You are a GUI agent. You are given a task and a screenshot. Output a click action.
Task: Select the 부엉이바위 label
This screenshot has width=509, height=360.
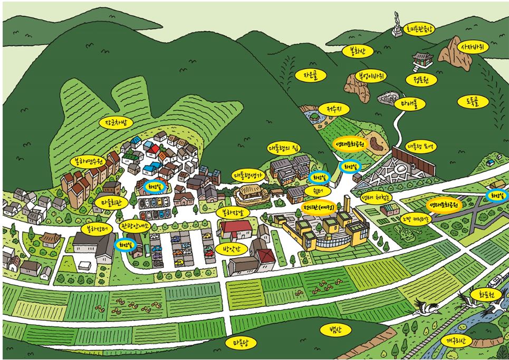[371, 76]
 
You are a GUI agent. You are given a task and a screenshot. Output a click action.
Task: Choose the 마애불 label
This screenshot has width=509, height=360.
[409, 104]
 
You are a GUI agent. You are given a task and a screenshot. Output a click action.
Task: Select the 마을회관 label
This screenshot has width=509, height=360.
[111, 201]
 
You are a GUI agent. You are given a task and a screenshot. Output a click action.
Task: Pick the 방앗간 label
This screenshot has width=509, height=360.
[231, 247]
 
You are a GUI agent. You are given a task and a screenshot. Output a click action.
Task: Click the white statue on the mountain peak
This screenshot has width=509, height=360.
[396, 24]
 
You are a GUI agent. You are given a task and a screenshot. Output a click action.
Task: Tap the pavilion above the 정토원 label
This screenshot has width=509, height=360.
[421, 60]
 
